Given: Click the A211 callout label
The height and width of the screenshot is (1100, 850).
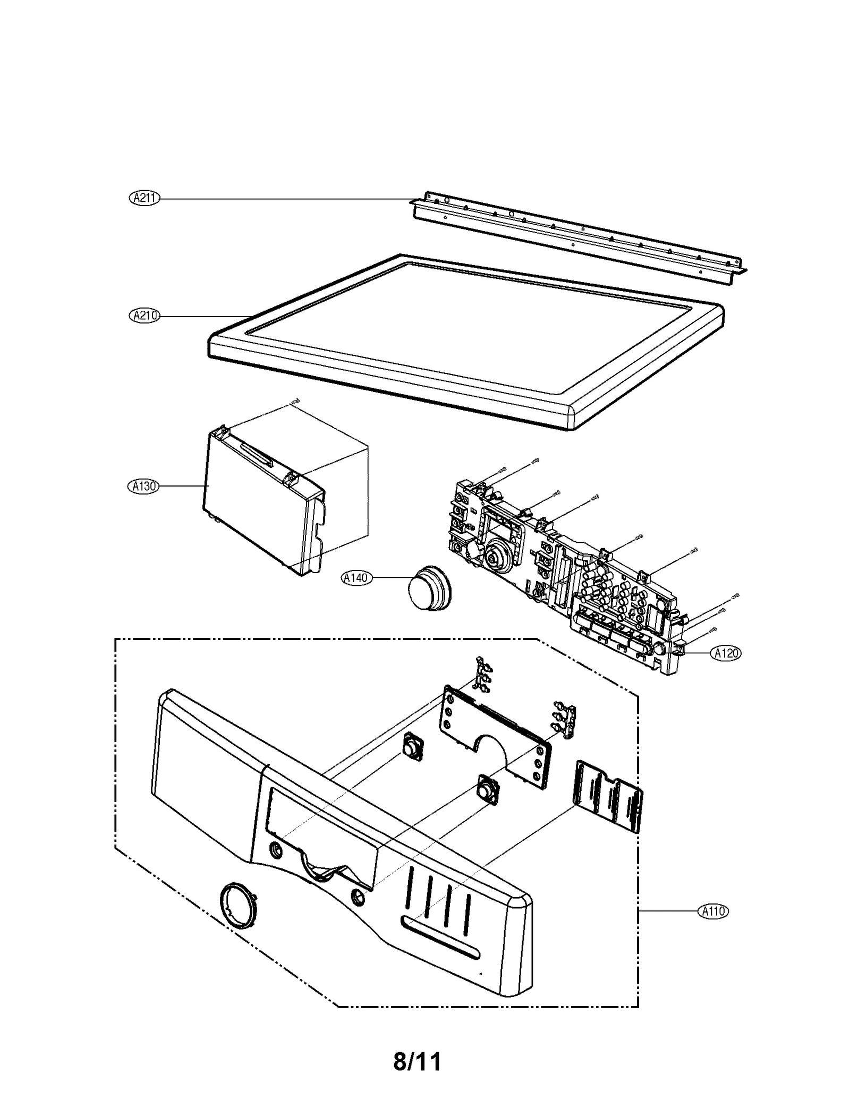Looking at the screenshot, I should point(144,198).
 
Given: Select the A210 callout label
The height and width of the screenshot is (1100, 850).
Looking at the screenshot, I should point(144,315).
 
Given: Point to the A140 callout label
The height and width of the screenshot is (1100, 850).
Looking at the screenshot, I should point(356,578).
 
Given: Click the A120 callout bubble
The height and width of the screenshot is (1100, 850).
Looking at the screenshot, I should point(726,653).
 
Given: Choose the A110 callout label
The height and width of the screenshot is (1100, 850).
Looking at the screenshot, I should point(712,912).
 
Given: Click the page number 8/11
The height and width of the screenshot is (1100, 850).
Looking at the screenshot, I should point(417,1047).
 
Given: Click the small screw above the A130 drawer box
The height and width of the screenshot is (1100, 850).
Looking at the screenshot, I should point(295,402).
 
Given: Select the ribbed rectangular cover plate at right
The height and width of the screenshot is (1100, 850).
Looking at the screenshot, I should point(608,803).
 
